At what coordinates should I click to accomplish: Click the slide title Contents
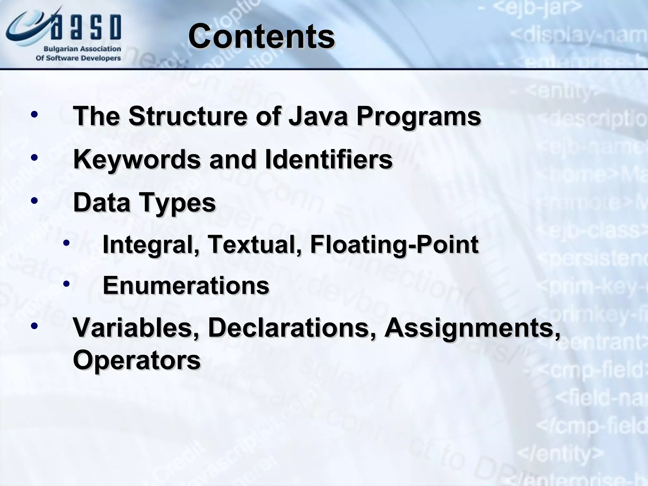[261, 37]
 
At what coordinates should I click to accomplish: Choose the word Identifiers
[328, 159]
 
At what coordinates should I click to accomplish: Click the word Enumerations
[186, 285]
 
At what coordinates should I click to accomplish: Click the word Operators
[137, 360]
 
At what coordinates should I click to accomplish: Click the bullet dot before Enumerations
[66, 284]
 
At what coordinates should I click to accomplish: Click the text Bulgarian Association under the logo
[82, 49]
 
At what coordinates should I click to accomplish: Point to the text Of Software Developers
[78, 58]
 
